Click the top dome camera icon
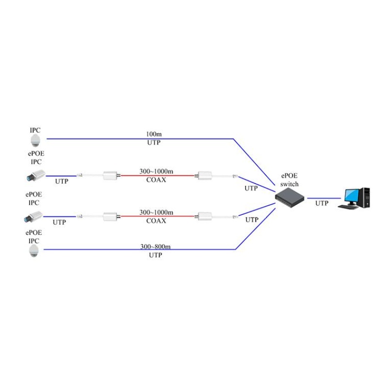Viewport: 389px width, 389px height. tap(35, 141)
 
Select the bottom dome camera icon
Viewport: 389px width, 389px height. tap(34, 251)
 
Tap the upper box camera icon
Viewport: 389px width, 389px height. tap(36, 175)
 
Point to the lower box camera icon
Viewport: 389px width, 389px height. tap(34, 216)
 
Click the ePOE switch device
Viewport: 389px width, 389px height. tap(289, 198)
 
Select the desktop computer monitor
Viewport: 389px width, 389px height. tap(352, 197)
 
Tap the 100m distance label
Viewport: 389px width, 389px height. tap(154, 134)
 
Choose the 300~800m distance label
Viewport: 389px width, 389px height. tap(156, 247)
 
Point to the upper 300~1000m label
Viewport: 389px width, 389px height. tap(156, 171)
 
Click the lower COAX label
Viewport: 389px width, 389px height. tap(156, 221)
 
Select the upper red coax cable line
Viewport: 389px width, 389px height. tap(158, 176)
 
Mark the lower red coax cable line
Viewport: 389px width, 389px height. tap(158, 216)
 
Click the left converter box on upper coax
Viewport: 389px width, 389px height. tap(110, 176)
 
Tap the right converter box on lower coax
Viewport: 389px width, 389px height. tap(205, 216)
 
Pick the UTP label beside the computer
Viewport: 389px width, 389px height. tap(322, 203)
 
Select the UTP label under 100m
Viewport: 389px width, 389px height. tap(154, 142)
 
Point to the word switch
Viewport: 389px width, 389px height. tap(289, 184)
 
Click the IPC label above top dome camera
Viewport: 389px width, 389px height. tap(35, 130)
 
